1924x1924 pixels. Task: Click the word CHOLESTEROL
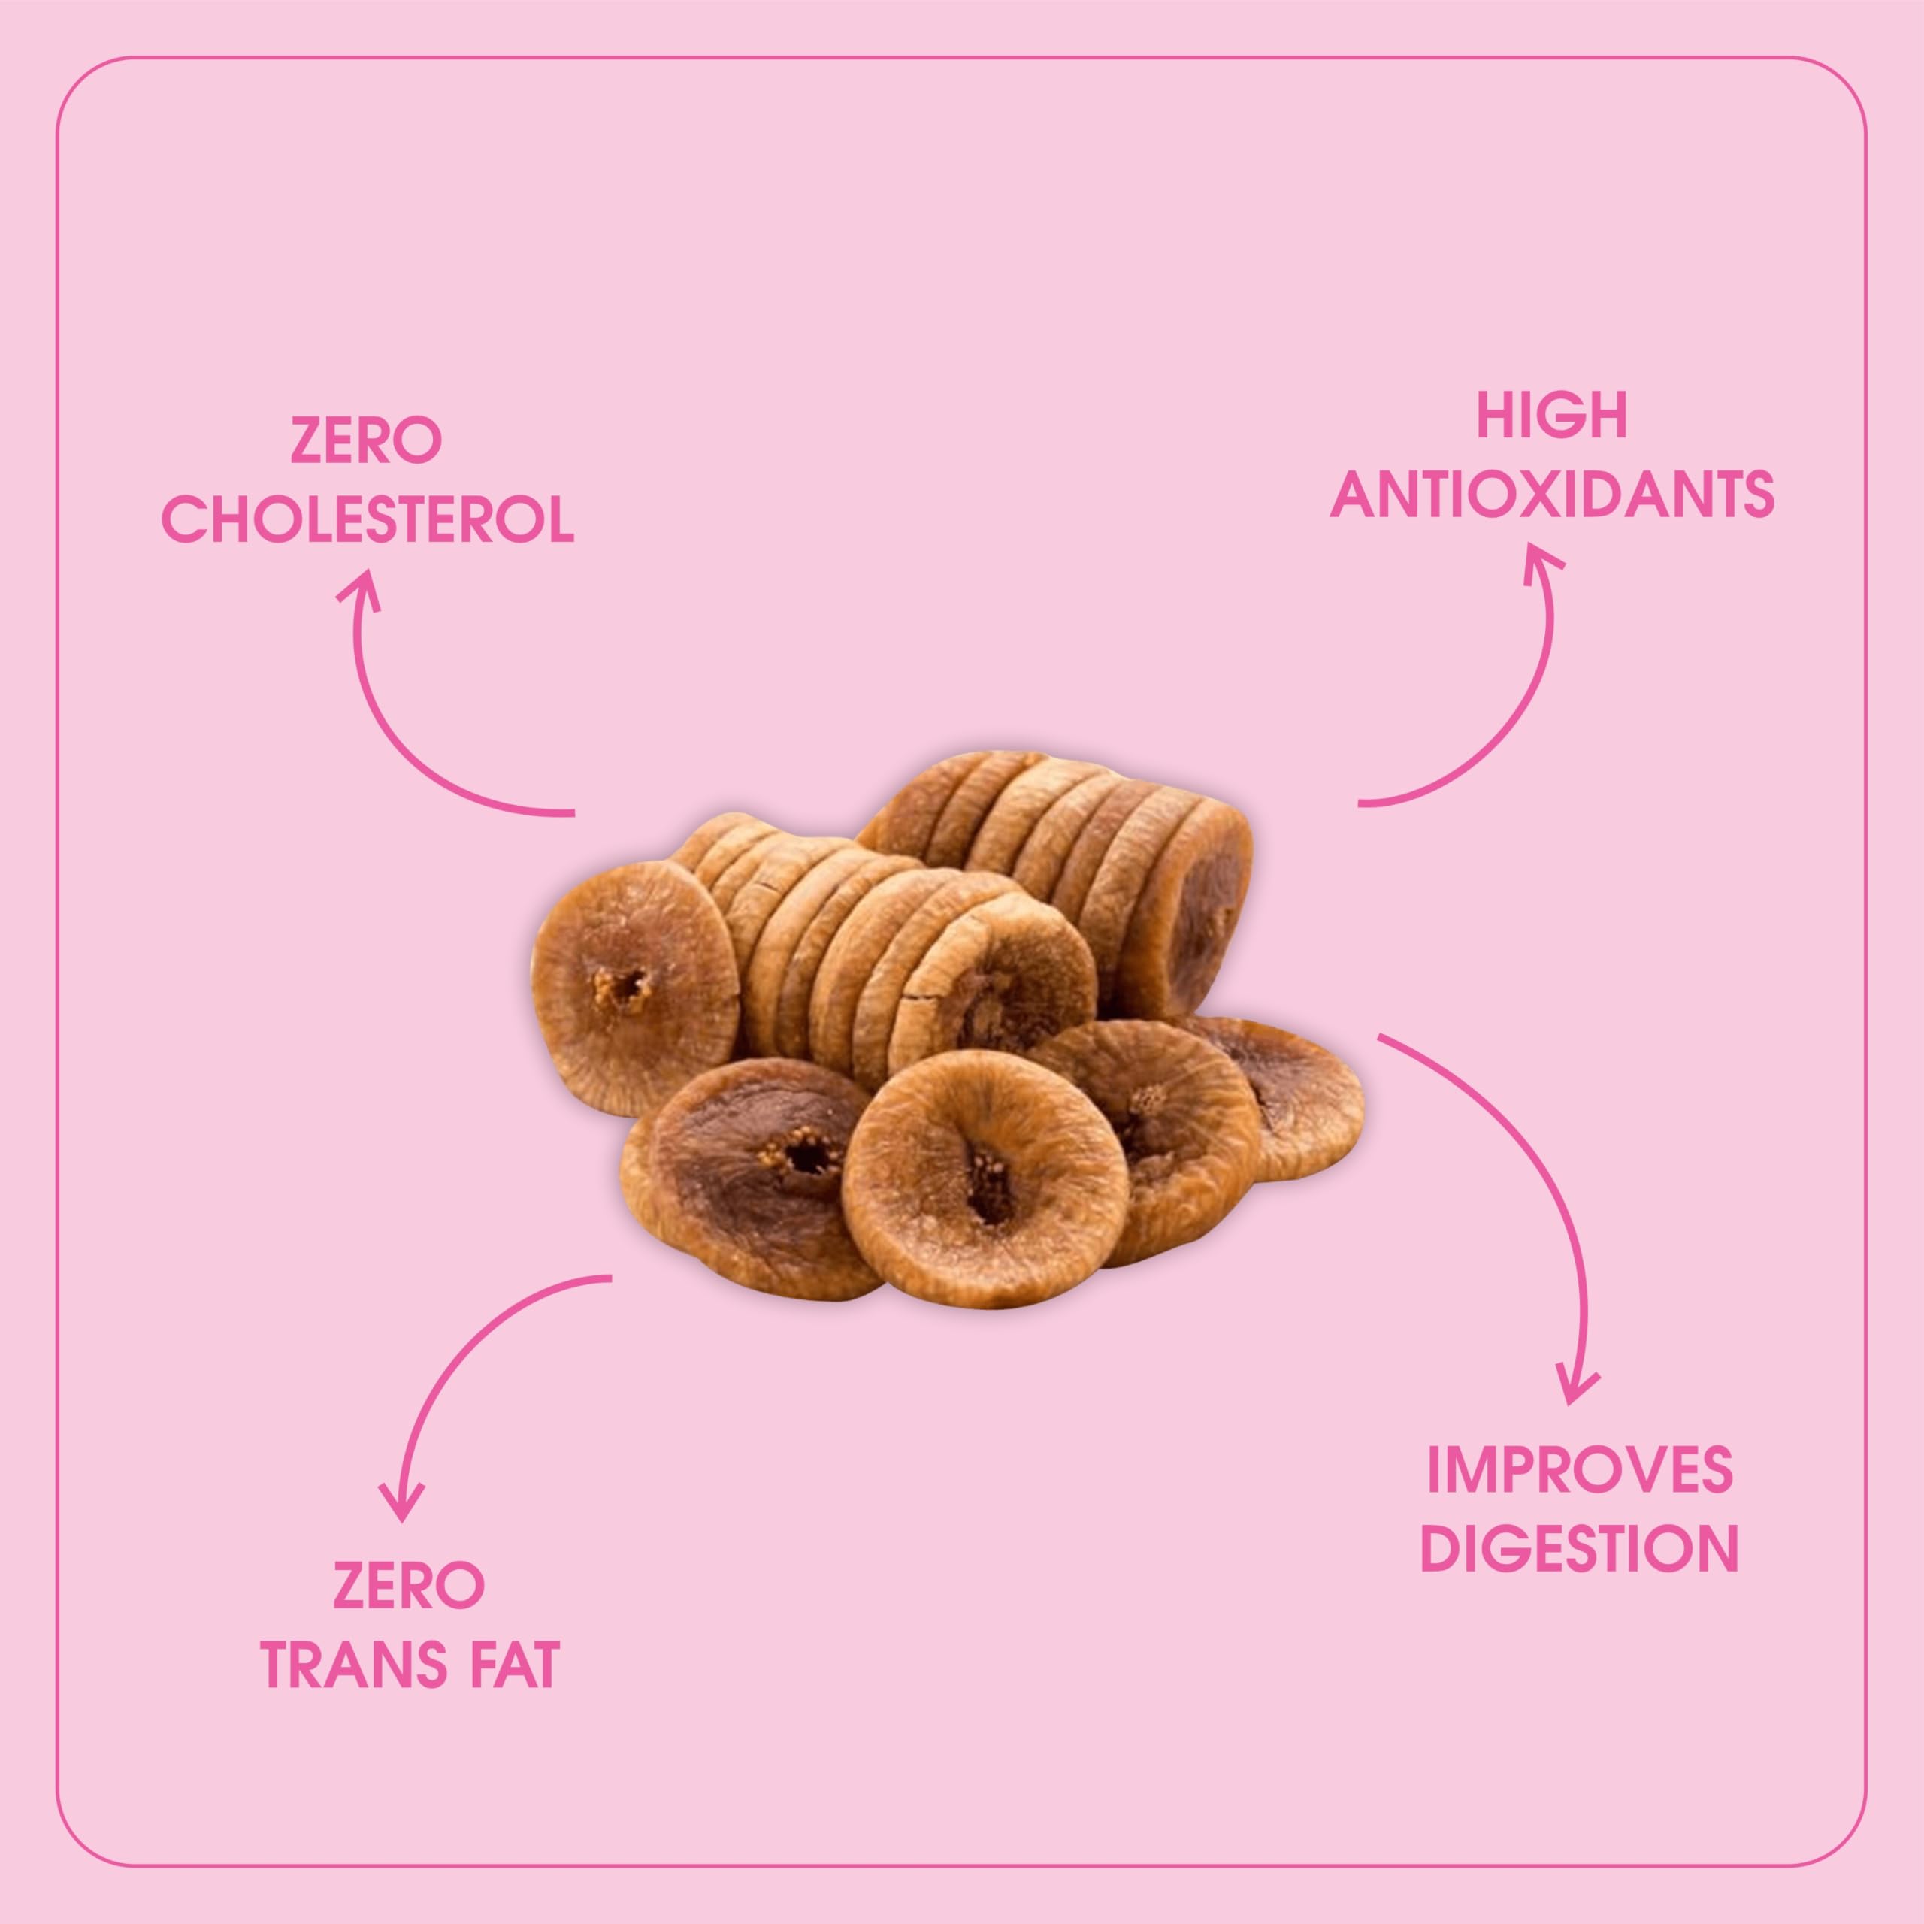[368, 520]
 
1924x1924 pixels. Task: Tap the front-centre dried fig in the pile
[986, 1179]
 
